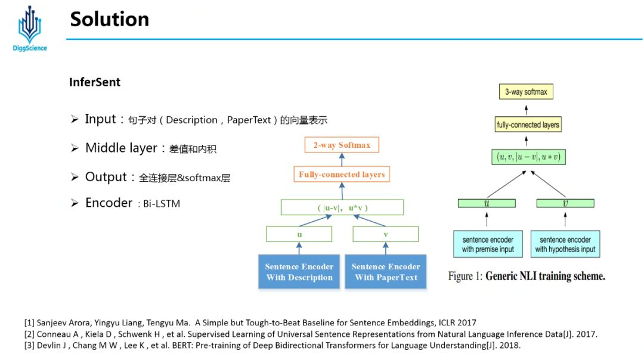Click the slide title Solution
109,19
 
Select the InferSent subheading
95,82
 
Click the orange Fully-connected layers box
342,175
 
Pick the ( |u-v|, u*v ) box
342,207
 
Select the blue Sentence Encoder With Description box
299,272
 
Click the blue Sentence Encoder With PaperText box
386,272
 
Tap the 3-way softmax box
525,92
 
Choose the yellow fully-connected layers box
528,125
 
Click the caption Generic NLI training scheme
545,277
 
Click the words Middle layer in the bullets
121,148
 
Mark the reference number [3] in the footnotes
29,345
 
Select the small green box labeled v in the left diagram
386,234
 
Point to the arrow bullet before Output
75,177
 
